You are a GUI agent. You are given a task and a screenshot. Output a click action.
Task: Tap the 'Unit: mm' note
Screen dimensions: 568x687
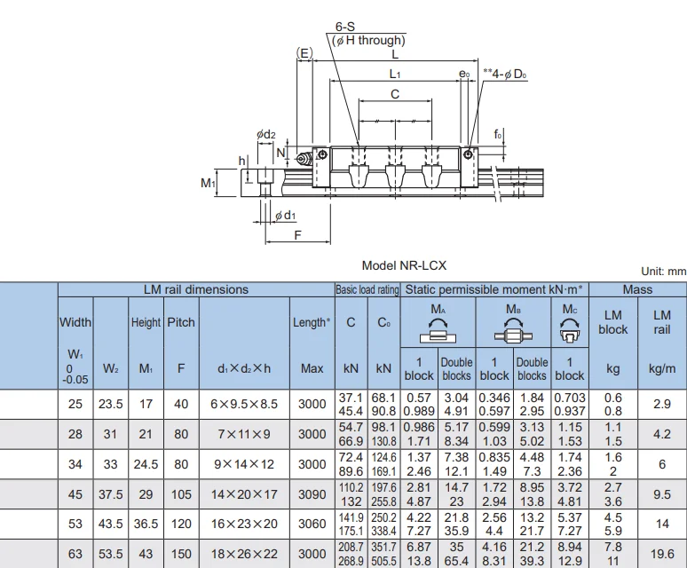(x=663, y=272)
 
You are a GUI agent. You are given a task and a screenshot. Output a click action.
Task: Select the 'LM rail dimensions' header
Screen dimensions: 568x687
(x=195, y=289)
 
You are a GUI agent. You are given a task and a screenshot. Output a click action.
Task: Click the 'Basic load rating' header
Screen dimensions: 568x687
(x=367, y=289)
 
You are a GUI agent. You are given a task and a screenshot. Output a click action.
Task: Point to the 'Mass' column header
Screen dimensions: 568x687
(x=637, y=289)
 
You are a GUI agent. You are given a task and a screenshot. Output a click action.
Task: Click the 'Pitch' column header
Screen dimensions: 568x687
(x=180, y=323)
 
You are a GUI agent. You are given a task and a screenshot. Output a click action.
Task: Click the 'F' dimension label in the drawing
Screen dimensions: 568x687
(x=298, y=235)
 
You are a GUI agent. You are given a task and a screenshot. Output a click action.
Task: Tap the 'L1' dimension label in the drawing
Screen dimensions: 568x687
(x=395, y=74)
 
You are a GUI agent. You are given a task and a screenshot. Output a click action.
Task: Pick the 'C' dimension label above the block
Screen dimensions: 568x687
(x=395, y=94)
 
